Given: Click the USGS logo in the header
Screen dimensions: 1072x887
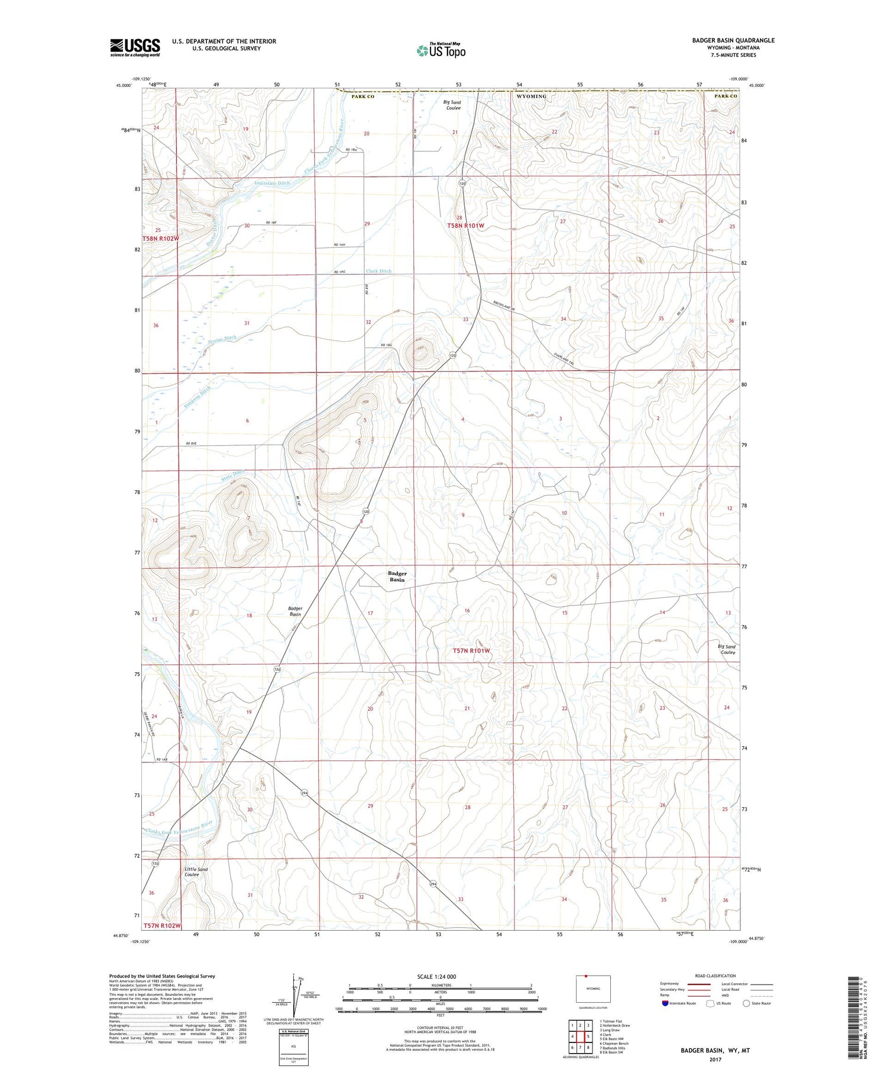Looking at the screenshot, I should point(135,47).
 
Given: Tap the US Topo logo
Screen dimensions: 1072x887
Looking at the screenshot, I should point(441,50).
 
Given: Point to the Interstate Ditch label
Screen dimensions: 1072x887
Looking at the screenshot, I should point(272,183).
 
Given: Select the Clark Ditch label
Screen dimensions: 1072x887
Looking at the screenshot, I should point(378,271).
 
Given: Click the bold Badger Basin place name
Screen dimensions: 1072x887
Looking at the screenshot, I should point(397,577).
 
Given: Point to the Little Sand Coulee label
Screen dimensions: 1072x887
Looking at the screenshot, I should point(196,872).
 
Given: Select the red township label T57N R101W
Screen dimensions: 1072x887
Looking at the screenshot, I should point(471,650).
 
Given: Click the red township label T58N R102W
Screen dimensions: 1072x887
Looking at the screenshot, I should point(160,238).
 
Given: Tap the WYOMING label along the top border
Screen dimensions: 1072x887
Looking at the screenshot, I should point(531,96).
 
